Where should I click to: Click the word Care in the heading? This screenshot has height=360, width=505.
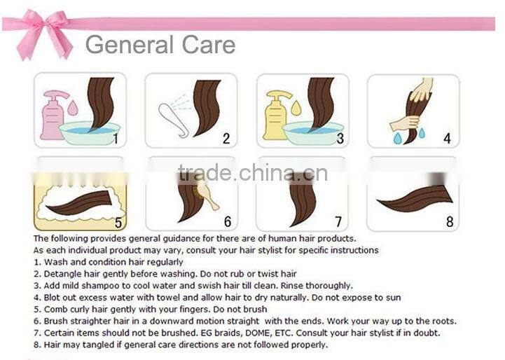(x=209, y=45)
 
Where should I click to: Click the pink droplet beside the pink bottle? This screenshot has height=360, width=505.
(x=73, y=108)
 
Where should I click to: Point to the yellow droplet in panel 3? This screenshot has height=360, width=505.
(x=296, y=108)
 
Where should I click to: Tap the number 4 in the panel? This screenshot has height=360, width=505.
(x=447, y=139)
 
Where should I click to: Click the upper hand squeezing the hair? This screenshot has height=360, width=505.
(x=422, y=90)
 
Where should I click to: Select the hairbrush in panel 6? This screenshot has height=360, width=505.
(x=206, y=197)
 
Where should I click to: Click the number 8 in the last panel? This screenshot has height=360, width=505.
(x=450, y=221)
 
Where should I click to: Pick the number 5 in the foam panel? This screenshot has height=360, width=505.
(x=118, y=222)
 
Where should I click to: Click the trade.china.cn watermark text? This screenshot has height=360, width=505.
(x=253, y=172)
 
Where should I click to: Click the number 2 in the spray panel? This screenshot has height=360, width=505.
(x=226, y=139)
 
